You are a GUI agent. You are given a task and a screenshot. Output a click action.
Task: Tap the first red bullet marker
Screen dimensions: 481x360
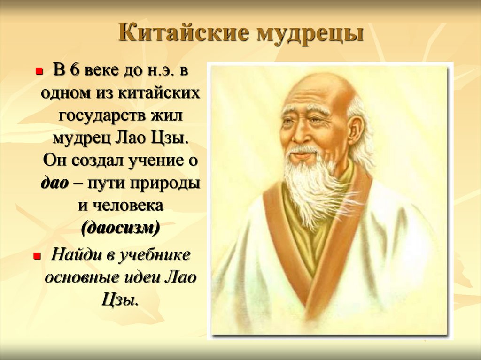39,72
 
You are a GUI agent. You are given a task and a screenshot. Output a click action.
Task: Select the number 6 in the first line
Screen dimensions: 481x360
75,70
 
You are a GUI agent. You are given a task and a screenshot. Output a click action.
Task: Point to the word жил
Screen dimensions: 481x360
167,115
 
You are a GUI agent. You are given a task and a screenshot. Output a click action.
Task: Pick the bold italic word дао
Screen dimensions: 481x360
54,184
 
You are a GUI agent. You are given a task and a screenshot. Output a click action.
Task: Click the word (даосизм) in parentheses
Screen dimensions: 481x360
121,229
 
